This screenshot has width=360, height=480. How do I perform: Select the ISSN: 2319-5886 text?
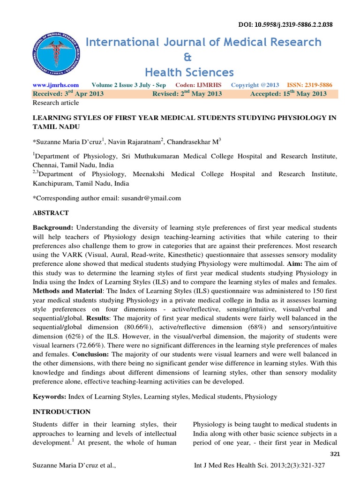(x=310, y=85)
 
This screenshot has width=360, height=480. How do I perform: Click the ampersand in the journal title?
(x=189, y=57)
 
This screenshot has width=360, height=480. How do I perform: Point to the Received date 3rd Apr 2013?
(x=68, y=94)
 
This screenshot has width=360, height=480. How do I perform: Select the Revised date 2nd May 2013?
(x=187, y=94)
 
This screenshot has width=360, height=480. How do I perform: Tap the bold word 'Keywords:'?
(x=49, y=397)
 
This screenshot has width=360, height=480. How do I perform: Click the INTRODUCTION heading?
(x=61, y=412)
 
